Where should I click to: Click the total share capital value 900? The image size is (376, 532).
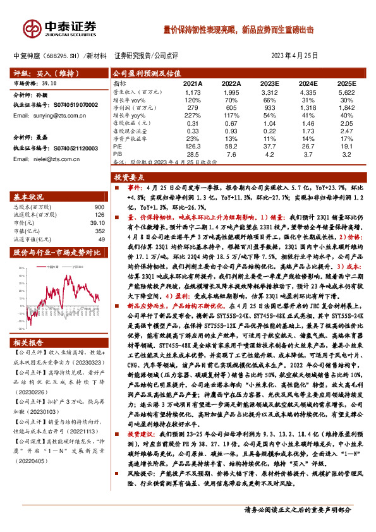click(99, 207)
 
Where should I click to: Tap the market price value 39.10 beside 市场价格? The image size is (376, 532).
click(49, 82)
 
